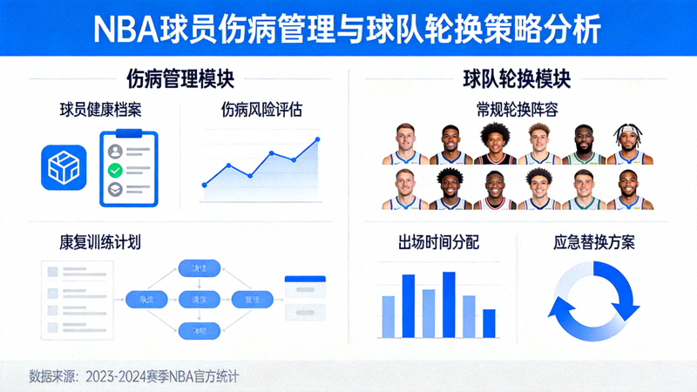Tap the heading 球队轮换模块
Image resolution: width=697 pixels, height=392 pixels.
click(x=517, y=79)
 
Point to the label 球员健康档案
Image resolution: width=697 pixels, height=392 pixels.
click(x=100, y=111)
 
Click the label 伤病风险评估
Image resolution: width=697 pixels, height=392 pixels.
click(x=261, y=111)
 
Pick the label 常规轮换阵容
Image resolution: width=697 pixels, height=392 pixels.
click(x=517, y=111)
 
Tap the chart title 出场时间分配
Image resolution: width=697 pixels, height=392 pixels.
click(x=437, y=242)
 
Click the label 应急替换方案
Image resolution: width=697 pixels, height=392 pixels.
click(x=594, y=242)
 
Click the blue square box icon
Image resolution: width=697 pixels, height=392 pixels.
click(x=64, y=167)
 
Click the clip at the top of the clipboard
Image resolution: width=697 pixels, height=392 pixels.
click(x=128, y=134)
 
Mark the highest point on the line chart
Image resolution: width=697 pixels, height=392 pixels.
click(x=317, y=139)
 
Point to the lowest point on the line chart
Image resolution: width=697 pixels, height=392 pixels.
click(x=204, y=185)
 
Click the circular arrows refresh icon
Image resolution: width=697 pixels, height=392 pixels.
click(x=593, y=301)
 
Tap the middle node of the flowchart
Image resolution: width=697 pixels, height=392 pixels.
click(x=198, y=299)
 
